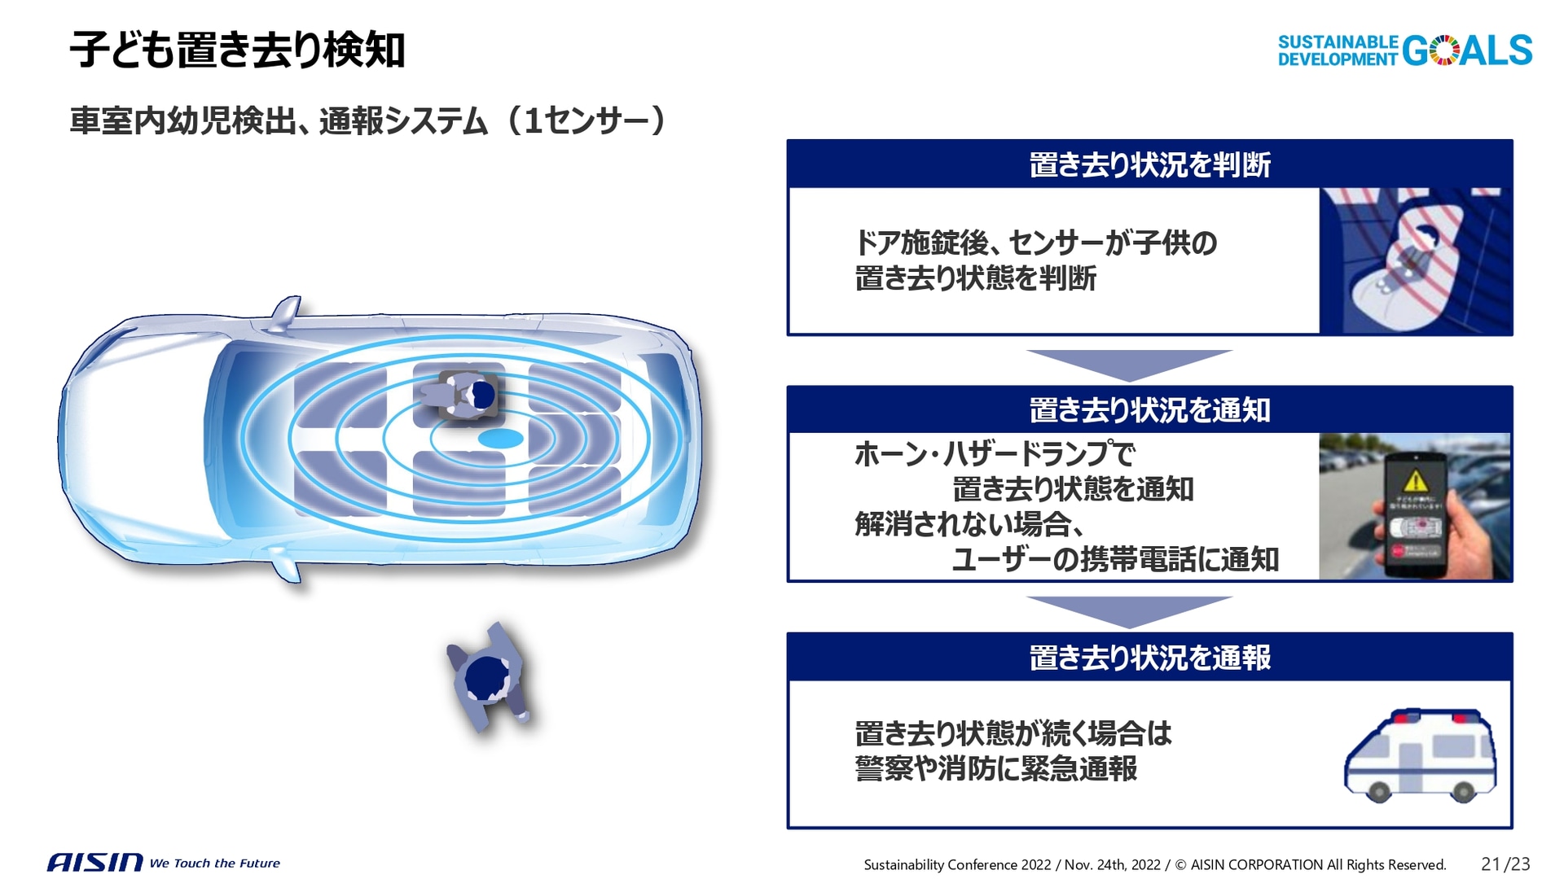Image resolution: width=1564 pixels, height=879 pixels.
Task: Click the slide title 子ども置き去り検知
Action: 237,50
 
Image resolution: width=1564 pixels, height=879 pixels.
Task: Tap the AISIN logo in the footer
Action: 94,862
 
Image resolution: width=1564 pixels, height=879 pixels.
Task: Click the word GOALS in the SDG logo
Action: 1466,50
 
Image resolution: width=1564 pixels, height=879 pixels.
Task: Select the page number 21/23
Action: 1505,864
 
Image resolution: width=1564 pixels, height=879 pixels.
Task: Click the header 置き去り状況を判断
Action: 1149,164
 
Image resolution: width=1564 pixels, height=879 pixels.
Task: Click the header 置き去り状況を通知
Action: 1149,410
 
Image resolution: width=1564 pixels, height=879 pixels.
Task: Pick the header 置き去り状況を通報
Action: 1149,658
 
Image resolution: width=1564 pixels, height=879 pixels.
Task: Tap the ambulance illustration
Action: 1420,755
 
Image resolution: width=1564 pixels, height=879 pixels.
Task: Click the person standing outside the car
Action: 487,677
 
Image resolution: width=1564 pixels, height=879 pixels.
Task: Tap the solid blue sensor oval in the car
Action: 500,439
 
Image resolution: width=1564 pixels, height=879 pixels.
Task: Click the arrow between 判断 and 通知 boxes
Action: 1129,363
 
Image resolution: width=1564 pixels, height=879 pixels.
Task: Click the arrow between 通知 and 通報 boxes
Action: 1129,610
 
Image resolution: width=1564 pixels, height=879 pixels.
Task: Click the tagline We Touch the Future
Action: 214,863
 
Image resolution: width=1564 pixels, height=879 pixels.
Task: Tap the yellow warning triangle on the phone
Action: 1416,480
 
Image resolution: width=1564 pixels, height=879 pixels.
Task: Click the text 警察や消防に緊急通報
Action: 995,768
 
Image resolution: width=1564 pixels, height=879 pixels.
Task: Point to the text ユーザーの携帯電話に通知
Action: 1114,559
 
